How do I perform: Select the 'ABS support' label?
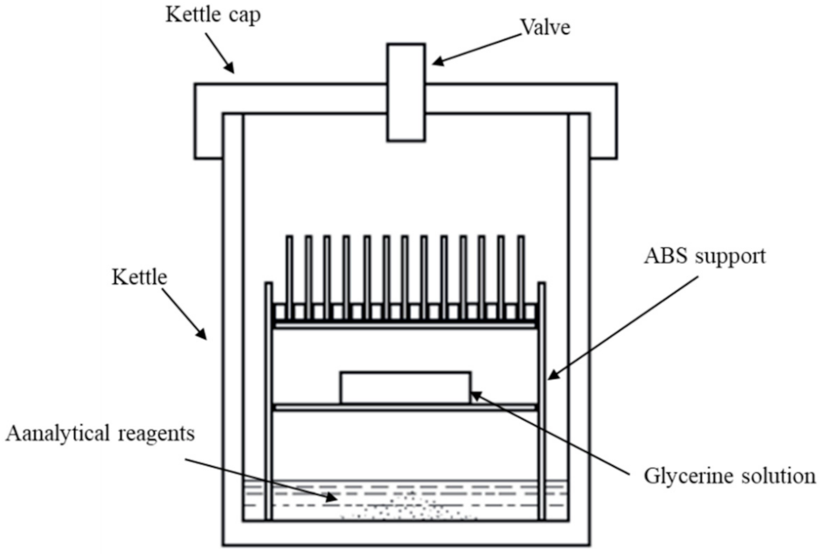click(705, 259)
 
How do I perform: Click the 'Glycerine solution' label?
click(728, 476)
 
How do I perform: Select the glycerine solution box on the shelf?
click(405, 388)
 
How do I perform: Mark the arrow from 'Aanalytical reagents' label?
click(261, 475)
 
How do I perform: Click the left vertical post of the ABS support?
click(268, 401)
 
